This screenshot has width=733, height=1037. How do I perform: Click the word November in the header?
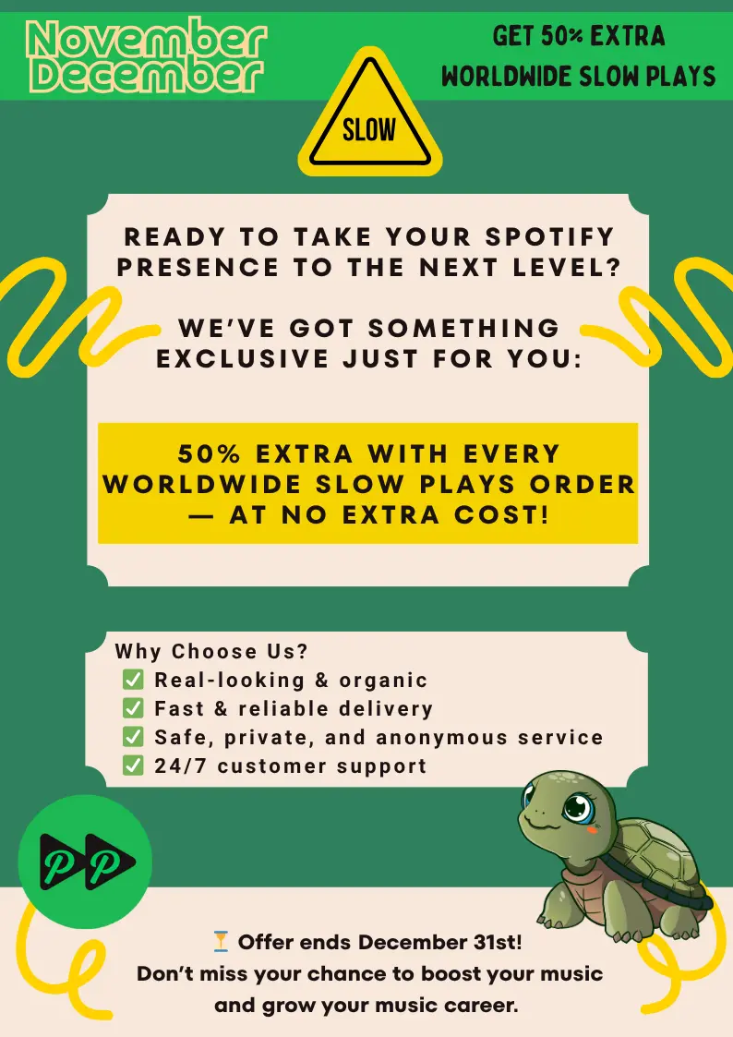147,40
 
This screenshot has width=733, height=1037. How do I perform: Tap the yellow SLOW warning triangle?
369,113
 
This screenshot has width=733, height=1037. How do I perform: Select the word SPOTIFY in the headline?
550,236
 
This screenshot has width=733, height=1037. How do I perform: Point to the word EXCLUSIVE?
243,358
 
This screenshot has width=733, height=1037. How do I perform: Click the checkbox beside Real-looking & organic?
133,680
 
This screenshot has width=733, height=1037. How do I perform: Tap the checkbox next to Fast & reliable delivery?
133,707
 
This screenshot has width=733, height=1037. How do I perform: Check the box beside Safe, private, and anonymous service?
133,736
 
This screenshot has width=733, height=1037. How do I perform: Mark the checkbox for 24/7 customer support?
133,766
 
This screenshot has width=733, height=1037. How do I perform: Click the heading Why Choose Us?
211,651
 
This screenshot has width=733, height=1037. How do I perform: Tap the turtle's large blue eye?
578,806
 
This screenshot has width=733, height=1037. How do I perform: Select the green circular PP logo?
85,862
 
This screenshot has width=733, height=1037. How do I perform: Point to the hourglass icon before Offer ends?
221,941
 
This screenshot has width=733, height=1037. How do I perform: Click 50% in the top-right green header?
562,36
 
